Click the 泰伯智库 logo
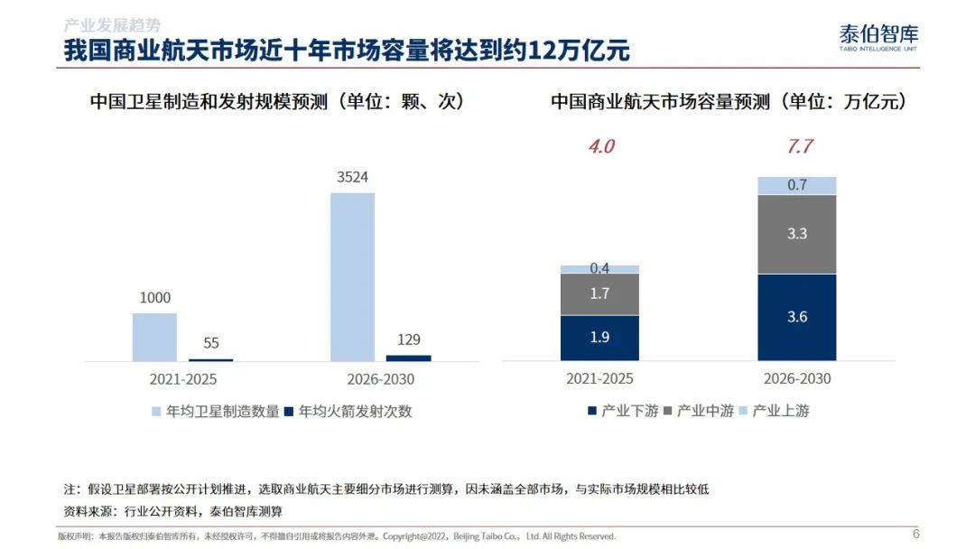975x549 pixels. coord(878,37)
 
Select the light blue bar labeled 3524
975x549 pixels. coord(353,276)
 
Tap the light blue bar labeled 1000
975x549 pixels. coord(155,337)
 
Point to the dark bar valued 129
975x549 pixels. coord(409,358)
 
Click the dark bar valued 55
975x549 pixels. coord(210,360)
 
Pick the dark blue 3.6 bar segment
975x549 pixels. coord(796,317)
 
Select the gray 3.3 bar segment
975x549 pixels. coord(796,235)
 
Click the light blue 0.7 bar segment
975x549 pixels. coord(796,185)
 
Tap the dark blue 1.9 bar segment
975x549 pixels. coord(599,338)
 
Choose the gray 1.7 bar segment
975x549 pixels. coord(599,294)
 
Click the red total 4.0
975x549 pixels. coord(601,146)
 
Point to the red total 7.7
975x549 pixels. coord(799,146)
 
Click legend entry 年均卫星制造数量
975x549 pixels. coord(216,411)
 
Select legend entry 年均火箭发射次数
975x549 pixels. coord(348,411)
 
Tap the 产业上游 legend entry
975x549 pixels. coord(775,410)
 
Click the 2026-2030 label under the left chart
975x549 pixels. coord(381,379)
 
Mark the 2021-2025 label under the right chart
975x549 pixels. coord(599,378)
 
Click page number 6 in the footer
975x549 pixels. coord(916,534)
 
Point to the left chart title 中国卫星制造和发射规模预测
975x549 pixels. coord(209,101)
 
